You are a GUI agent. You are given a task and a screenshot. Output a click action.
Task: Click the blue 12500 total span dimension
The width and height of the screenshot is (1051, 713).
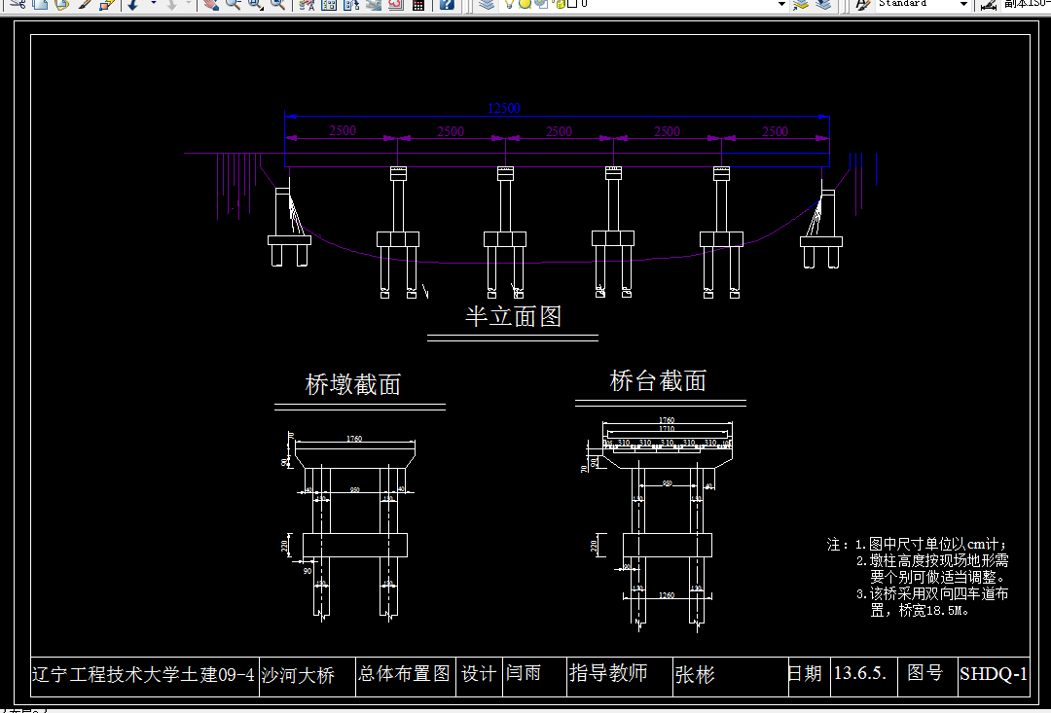point(504,108)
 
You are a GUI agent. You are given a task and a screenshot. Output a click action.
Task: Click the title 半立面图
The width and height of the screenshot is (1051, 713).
point(513,316)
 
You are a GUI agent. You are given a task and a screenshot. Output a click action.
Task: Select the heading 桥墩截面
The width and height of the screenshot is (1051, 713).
point(353,385)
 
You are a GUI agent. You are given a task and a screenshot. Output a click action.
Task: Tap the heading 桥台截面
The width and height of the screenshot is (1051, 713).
point(658,381)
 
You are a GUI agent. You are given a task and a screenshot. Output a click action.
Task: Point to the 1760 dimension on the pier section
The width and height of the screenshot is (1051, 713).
point(354,440)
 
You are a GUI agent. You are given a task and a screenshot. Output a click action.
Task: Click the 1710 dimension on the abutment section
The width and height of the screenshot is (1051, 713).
point(666,429)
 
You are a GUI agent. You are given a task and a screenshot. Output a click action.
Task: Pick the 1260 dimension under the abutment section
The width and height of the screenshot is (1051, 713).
point(667,594)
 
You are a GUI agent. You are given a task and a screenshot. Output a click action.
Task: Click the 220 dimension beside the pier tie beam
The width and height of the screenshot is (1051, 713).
point(284,547)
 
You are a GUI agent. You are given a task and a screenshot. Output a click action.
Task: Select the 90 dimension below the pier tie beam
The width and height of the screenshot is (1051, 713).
point(308,571)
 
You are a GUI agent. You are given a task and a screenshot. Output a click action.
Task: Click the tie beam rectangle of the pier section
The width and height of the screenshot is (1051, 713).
point(354,545)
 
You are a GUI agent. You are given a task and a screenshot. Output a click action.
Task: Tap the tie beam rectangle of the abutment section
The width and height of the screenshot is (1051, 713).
point(667,545)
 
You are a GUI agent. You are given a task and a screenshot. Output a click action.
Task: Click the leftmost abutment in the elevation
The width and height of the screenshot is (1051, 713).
point(288,229)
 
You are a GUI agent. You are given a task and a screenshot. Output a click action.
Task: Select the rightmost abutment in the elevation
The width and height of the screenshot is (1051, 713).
point(822,229)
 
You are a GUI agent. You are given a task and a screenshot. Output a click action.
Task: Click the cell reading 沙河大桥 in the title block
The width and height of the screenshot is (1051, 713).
point(298,675)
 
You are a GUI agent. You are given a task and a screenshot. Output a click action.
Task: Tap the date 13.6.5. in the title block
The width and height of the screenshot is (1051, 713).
point(860,674)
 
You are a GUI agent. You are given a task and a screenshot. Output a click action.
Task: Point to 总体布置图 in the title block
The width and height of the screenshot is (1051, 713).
point(404,674)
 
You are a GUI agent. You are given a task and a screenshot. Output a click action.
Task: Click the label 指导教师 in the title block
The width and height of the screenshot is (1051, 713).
point(608,673)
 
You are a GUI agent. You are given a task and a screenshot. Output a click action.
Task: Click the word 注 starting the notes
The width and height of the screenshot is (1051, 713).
point(833,545)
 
